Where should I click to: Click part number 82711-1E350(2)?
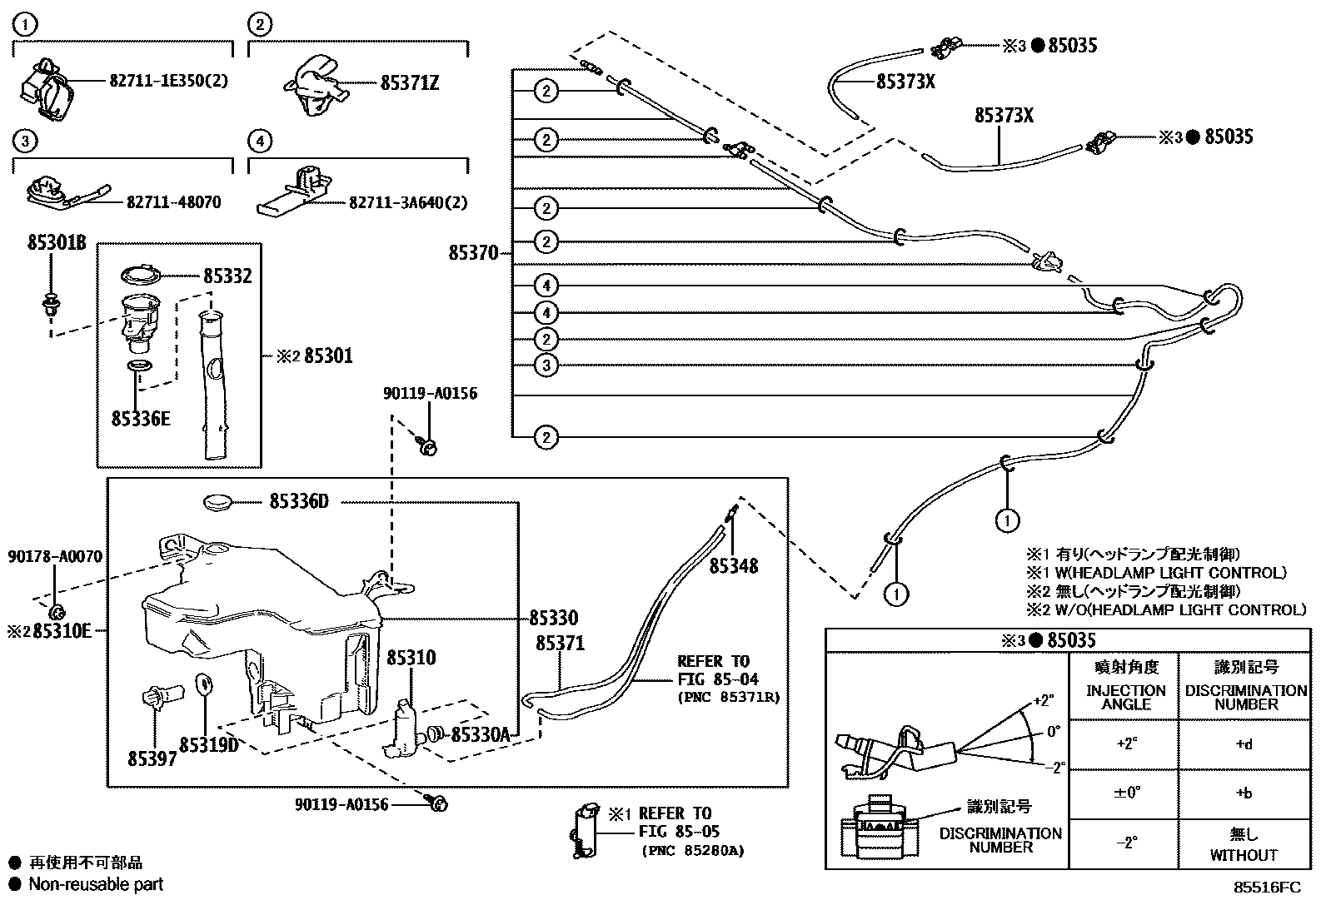(168, 81)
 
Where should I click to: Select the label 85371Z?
(410, 83)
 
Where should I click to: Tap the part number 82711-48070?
(174, 202)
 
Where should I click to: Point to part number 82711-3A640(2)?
(408, 202)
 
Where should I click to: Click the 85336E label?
(141, 418)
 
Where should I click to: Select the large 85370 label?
(473, 252)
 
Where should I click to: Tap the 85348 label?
(734, 566)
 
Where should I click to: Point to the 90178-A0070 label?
(56, 556)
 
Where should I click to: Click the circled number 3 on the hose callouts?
(546, 365)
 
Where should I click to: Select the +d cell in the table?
(1244, 744)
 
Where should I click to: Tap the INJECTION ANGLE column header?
(1126, 697)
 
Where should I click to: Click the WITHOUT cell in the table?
(1244, 855)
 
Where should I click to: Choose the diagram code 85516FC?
(1267, 888)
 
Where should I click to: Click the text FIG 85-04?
(719, 679)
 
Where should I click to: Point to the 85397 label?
(152, 759)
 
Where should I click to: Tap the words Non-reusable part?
(96, 884)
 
